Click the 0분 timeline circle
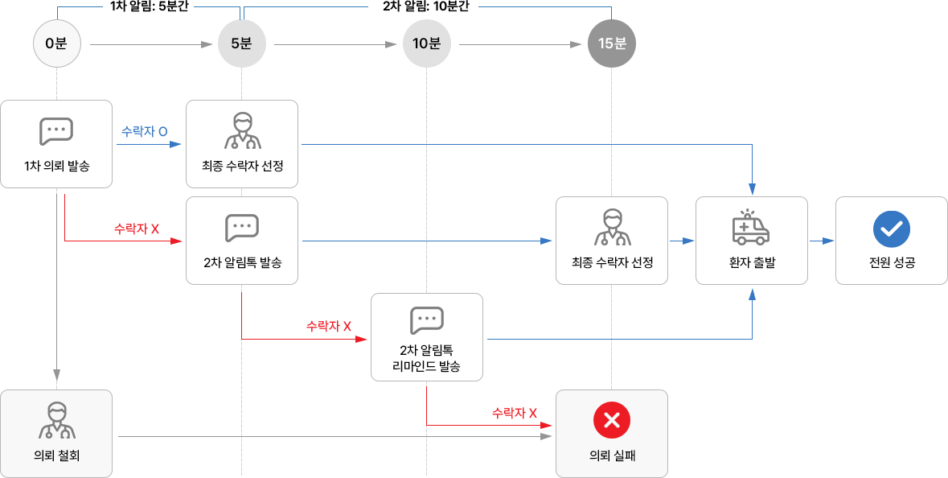click(56, 43)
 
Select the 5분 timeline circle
click(241, 43)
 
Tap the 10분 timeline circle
click(426, 43)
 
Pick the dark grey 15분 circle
click(612, 43)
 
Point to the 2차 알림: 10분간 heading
click(426, 6)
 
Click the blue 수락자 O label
click(144, 132)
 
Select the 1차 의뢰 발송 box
click(56, 144)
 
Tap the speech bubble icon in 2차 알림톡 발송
click(241, 228)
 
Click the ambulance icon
click(751, 228)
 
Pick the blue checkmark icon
click(891, 229)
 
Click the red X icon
click(612, 420)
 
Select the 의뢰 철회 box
click(56, 433)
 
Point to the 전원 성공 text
click(891, 262)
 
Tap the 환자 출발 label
click(751, 262)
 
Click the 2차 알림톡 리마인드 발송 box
click(426, 336)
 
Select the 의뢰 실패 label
click(612, 455)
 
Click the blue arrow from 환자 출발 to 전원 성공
click(821, 240)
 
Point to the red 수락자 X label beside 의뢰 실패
click(514, 414)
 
